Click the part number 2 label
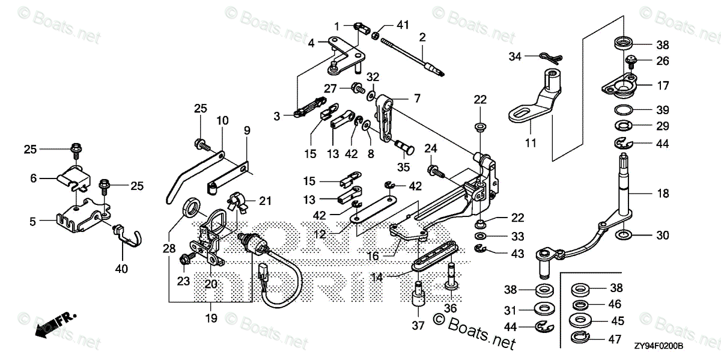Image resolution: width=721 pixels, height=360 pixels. point(422,37)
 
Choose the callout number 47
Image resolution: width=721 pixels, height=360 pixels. point(615,340)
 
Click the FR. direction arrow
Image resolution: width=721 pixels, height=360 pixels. point(51,325)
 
